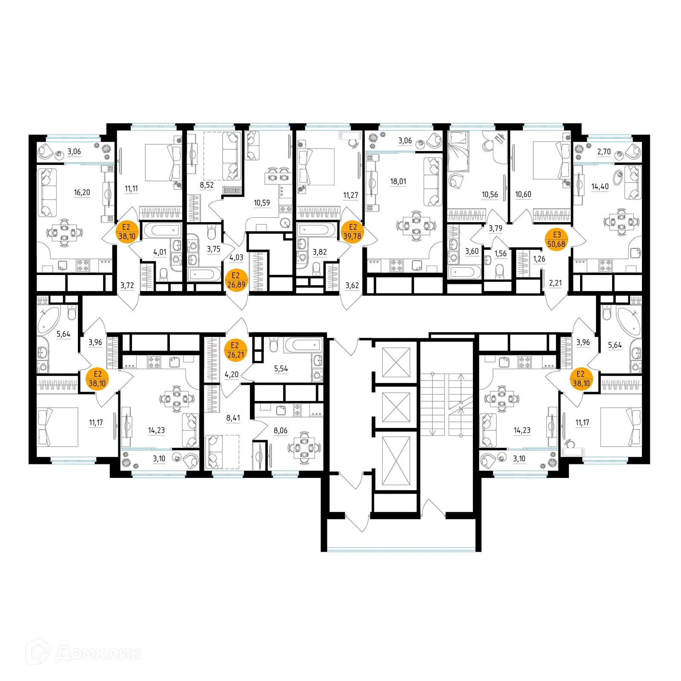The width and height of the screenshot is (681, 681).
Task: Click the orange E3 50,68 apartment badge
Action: (x=557, y=239)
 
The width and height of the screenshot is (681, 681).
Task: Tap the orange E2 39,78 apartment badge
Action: (x=352, y=232)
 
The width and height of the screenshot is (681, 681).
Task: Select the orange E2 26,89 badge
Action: (x=236, y=280)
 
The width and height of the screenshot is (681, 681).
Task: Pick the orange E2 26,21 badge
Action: (x=236, y=350)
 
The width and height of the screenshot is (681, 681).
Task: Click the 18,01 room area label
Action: (x=398, y=181)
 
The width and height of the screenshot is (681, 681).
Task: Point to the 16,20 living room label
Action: (x=82, y=192)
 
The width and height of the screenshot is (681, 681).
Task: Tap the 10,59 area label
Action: (x=262, y=203)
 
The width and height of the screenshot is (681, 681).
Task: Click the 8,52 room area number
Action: (x=207, y=185)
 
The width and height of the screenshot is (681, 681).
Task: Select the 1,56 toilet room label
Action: (x=501, y=254)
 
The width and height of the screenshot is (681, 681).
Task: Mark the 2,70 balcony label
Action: (x=604, y=152)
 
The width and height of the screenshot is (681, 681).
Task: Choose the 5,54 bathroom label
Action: (x=281, y=369)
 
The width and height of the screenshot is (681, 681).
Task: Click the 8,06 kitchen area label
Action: (x=280, y=431)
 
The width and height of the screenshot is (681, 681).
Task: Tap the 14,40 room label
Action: (x=600, y=186)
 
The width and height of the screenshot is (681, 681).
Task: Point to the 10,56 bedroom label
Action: (x=489, y=195)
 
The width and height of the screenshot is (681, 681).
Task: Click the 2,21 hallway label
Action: (x=555, y=283)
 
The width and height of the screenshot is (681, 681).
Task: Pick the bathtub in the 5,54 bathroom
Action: (x=303, y=345)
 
